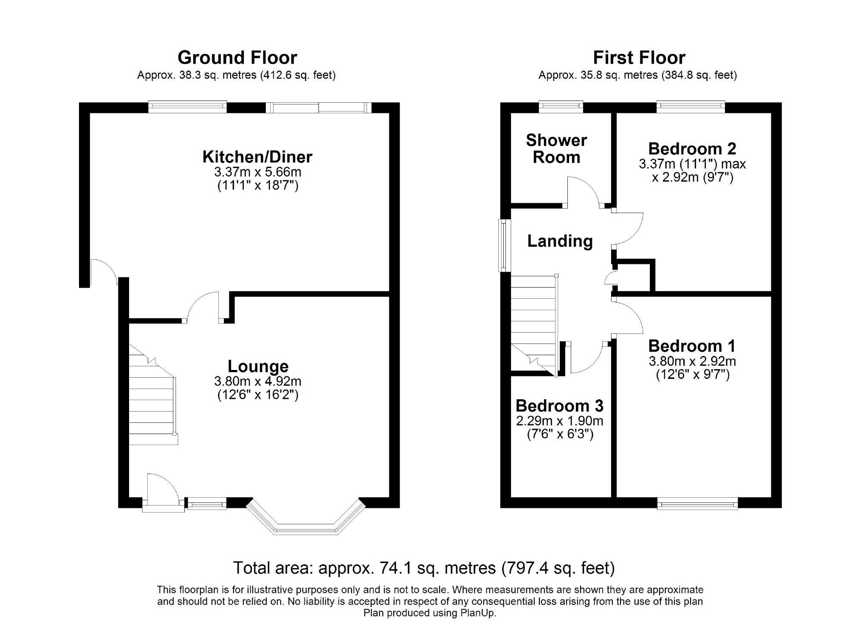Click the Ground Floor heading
pyautogui.click(x=237, y=57)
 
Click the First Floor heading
pyautogui.click(x=639, y=57)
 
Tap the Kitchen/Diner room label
pyautogui.click(x=257, y=157)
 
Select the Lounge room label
pyautogui.click(x=258, y=366)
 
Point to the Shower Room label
pyautogui.click(x=556, y=149)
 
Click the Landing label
pyautogui.click(x=560, y=241)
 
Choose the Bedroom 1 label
pyautogui.click(x=692, y=346)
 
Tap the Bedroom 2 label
pyautogui.click(x=692, y=149)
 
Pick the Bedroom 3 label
pyautogui.click(x=559, y=406)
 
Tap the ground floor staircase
pyautogui.click(x=153, y=394)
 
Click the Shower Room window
pyautogui.click(x=561, y=107)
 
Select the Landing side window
pyautogui.click(x=505, y=245)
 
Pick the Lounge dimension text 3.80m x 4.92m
pyautogui.click(x=258, y=381)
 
